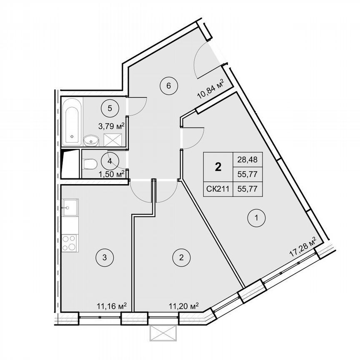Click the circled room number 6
point(169,86)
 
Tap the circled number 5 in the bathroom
point(110,108)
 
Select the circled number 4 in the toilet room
point(109,161)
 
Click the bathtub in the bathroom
point(72,121)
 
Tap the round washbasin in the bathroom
point(90,141)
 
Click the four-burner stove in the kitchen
point(69,243)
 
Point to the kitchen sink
point(69,207)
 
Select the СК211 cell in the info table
point(217,188)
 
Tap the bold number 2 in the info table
point(217,167)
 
